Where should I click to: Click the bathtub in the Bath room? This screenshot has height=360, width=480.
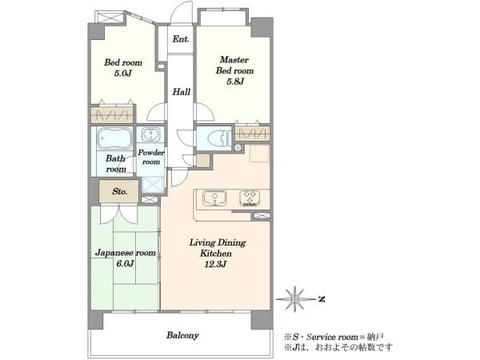(x=114, y=138)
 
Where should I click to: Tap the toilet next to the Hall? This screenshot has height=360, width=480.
(x=219, y=138)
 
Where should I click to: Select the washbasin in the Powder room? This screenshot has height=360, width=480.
(x=150, y=134)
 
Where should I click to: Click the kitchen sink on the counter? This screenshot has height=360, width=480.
(x=214, y=198)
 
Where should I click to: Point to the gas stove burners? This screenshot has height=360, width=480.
(x=250, y=198)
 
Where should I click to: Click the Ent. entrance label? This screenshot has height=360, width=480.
(x=181, y=39)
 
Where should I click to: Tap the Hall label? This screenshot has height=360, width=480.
(x=182, y=91)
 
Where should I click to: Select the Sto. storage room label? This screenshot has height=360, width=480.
(x=119, y=192)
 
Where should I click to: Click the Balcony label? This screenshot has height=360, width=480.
(x=182, y=335)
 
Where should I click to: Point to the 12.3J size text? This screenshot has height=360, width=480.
(x=215, y=264)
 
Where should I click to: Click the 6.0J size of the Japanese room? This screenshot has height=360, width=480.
(x=125, y=263)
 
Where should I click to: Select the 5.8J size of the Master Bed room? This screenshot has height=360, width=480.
(x=234, y=82)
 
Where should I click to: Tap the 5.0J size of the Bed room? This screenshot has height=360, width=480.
(x=122, y=74)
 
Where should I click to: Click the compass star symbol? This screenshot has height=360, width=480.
(x=295, y=299)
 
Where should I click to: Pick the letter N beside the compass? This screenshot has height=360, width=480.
(x=321, y=299)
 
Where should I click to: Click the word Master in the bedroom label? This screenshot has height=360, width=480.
(x=234, y=59)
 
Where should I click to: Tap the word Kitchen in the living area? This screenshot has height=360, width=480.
(x=216, y=254)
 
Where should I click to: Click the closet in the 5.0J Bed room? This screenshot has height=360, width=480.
(x=112, y=114)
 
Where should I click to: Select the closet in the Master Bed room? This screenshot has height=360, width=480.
(x=253, y=134)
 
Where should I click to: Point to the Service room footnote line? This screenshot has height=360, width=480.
(x=334, y=338)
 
